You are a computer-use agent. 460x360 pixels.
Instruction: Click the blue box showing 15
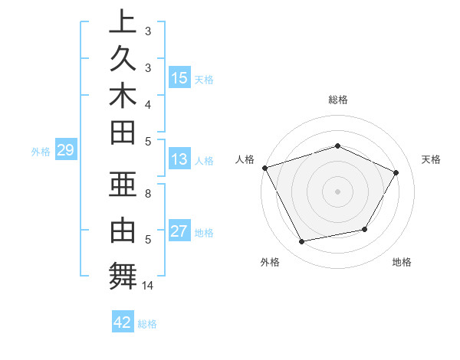tap(179, 77)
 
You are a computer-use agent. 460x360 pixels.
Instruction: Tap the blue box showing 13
tap(179, 159)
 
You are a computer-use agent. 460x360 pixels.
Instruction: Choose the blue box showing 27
tap(179, 231)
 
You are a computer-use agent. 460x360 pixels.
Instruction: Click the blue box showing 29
tap(65, 150)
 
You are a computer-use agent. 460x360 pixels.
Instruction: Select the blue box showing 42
tap(123, 322)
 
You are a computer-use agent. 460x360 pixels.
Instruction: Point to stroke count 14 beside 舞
tap(148, 286)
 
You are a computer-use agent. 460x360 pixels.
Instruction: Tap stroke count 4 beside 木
tap(148, 103)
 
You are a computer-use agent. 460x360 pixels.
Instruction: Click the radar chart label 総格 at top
tap(337, 100)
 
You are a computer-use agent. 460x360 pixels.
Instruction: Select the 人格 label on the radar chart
tap(245, 159)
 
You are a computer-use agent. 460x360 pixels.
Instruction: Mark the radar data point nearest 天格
tap(396, 172)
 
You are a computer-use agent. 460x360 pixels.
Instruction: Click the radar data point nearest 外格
tap(301, 242)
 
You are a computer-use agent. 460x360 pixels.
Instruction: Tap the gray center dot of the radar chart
tap(337, 191)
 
